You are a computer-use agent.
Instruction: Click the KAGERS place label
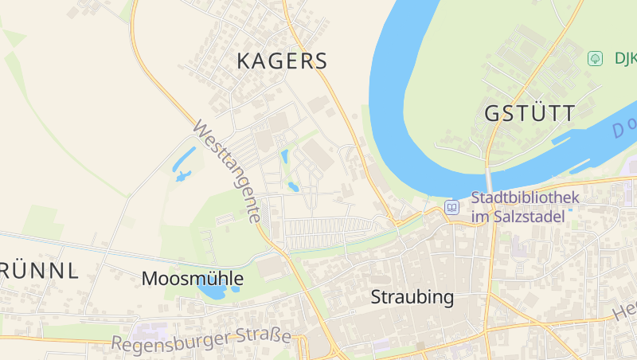(x=282, y=61)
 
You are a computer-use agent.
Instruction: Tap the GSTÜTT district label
(x=529, y=114)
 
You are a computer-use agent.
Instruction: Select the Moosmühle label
(x=192, y=279)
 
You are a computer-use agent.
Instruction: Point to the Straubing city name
(x=412, y=298)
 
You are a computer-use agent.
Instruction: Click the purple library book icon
(x=452, y=207)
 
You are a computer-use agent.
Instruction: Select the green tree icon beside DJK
(x=594, y=58)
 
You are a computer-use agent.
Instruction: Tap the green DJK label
(x=624, y=58)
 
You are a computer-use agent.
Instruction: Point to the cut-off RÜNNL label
(x=40, y=271)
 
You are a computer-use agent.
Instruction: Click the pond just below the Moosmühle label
(x=211, y=292)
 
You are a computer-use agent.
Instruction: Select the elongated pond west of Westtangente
(x=184, y=162)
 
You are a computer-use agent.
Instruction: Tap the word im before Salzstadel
(x=479, y=216)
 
